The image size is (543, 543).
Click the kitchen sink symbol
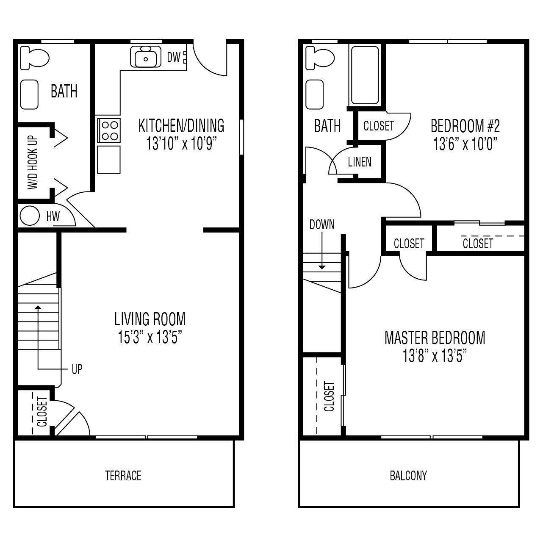tap(146, 57)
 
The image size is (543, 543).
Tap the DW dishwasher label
tap(174, 57)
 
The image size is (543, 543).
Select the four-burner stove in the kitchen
tap(109, 130)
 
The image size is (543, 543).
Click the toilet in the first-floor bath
tap(35, 58)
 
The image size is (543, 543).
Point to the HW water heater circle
tap(30, 216)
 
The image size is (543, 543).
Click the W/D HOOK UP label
tap(33, 163)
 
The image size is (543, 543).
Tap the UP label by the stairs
tap(77, 369)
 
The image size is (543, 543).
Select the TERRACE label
tap(123, 476)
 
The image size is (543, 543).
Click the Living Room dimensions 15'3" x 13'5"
tap(150, 338)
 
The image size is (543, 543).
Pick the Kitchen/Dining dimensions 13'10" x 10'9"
tap(182, 144)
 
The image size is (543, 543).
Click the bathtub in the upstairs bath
tap(364, 75)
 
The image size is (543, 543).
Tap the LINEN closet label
tap(360, 162)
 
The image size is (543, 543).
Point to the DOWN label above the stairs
tap(322, 224)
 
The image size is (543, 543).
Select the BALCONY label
tap(408, 476)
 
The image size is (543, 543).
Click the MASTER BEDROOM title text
tap(435, 338)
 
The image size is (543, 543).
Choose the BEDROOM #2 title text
tap(465, 126)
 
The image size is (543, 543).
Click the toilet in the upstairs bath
tap(320, 58)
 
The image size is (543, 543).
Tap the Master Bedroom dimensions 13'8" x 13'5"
tap(435, 357)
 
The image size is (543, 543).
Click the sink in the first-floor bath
tap(30, 94)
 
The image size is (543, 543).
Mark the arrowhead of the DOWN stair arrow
tap(322, 267)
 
